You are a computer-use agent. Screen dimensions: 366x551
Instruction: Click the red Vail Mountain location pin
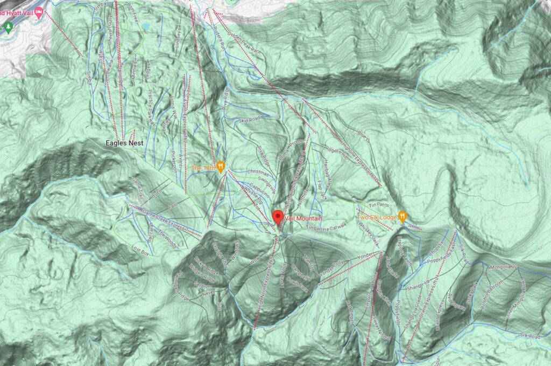278,217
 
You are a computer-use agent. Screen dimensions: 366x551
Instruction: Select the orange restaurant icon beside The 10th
221,167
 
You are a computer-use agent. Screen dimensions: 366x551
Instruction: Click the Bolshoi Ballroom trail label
491,289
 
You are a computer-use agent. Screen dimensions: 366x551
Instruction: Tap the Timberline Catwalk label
324,227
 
